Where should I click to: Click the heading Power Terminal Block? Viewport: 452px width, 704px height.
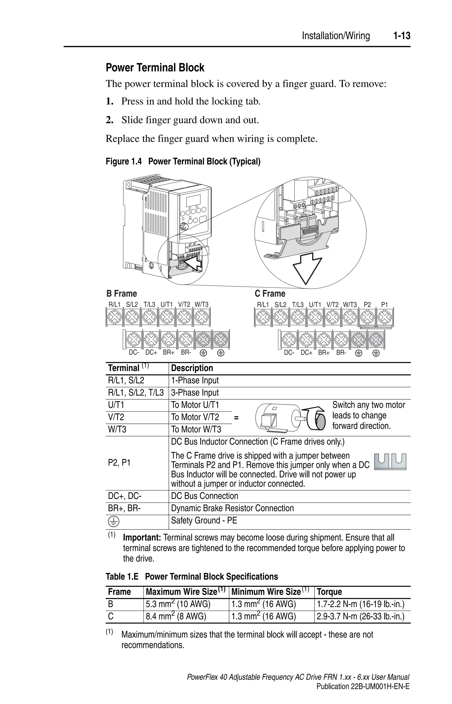(155, 68)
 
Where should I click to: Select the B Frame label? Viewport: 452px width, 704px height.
(122, 294)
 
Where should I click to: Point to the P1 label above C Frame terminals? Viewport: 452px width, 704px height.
(384, 305)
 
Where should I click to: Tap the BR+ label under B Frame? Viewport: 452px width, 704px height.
(169, 353)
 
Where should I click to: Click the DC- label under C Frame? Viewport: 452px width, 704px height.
(289, 353)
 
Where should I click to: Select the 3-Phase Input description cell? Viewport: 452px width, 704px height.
(195, 393)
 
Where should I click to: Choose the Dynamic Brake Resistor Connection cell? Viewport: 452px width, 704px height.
(232, 508)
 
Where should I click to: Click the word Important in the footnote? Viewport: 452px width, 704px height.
(142, 538)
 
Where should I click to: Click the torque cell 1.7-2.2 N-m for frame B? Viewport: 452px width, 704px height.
(360, 604)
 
